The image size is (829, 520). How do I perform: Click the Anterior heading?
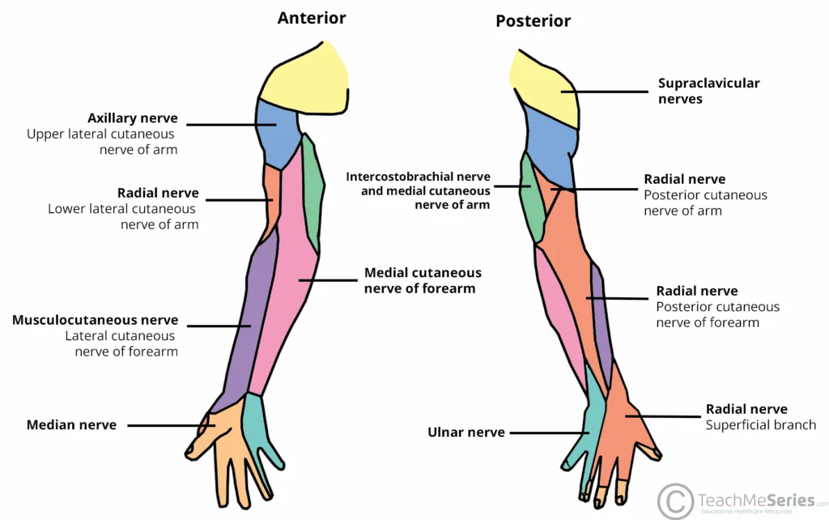pos(312,18)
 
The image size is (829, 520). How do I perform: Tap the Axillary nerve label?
pos(132,118)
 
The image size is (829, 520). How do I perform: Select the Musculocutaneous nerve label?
pos(95,320)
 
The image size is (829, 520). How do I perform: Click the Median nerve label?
pos(71,424)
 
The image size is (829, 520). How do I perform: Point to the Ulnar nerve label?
pos(466,433)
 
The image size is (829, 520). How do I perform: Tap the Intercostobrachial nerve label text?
pos(418,177)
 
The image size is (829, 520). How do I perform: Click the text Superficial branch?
pos(760,425)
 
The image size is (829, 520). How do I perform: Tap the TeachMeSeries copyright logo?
pos(674,501)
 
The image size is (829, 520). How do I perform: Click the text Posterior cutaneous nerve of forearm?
pos(717,314)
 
